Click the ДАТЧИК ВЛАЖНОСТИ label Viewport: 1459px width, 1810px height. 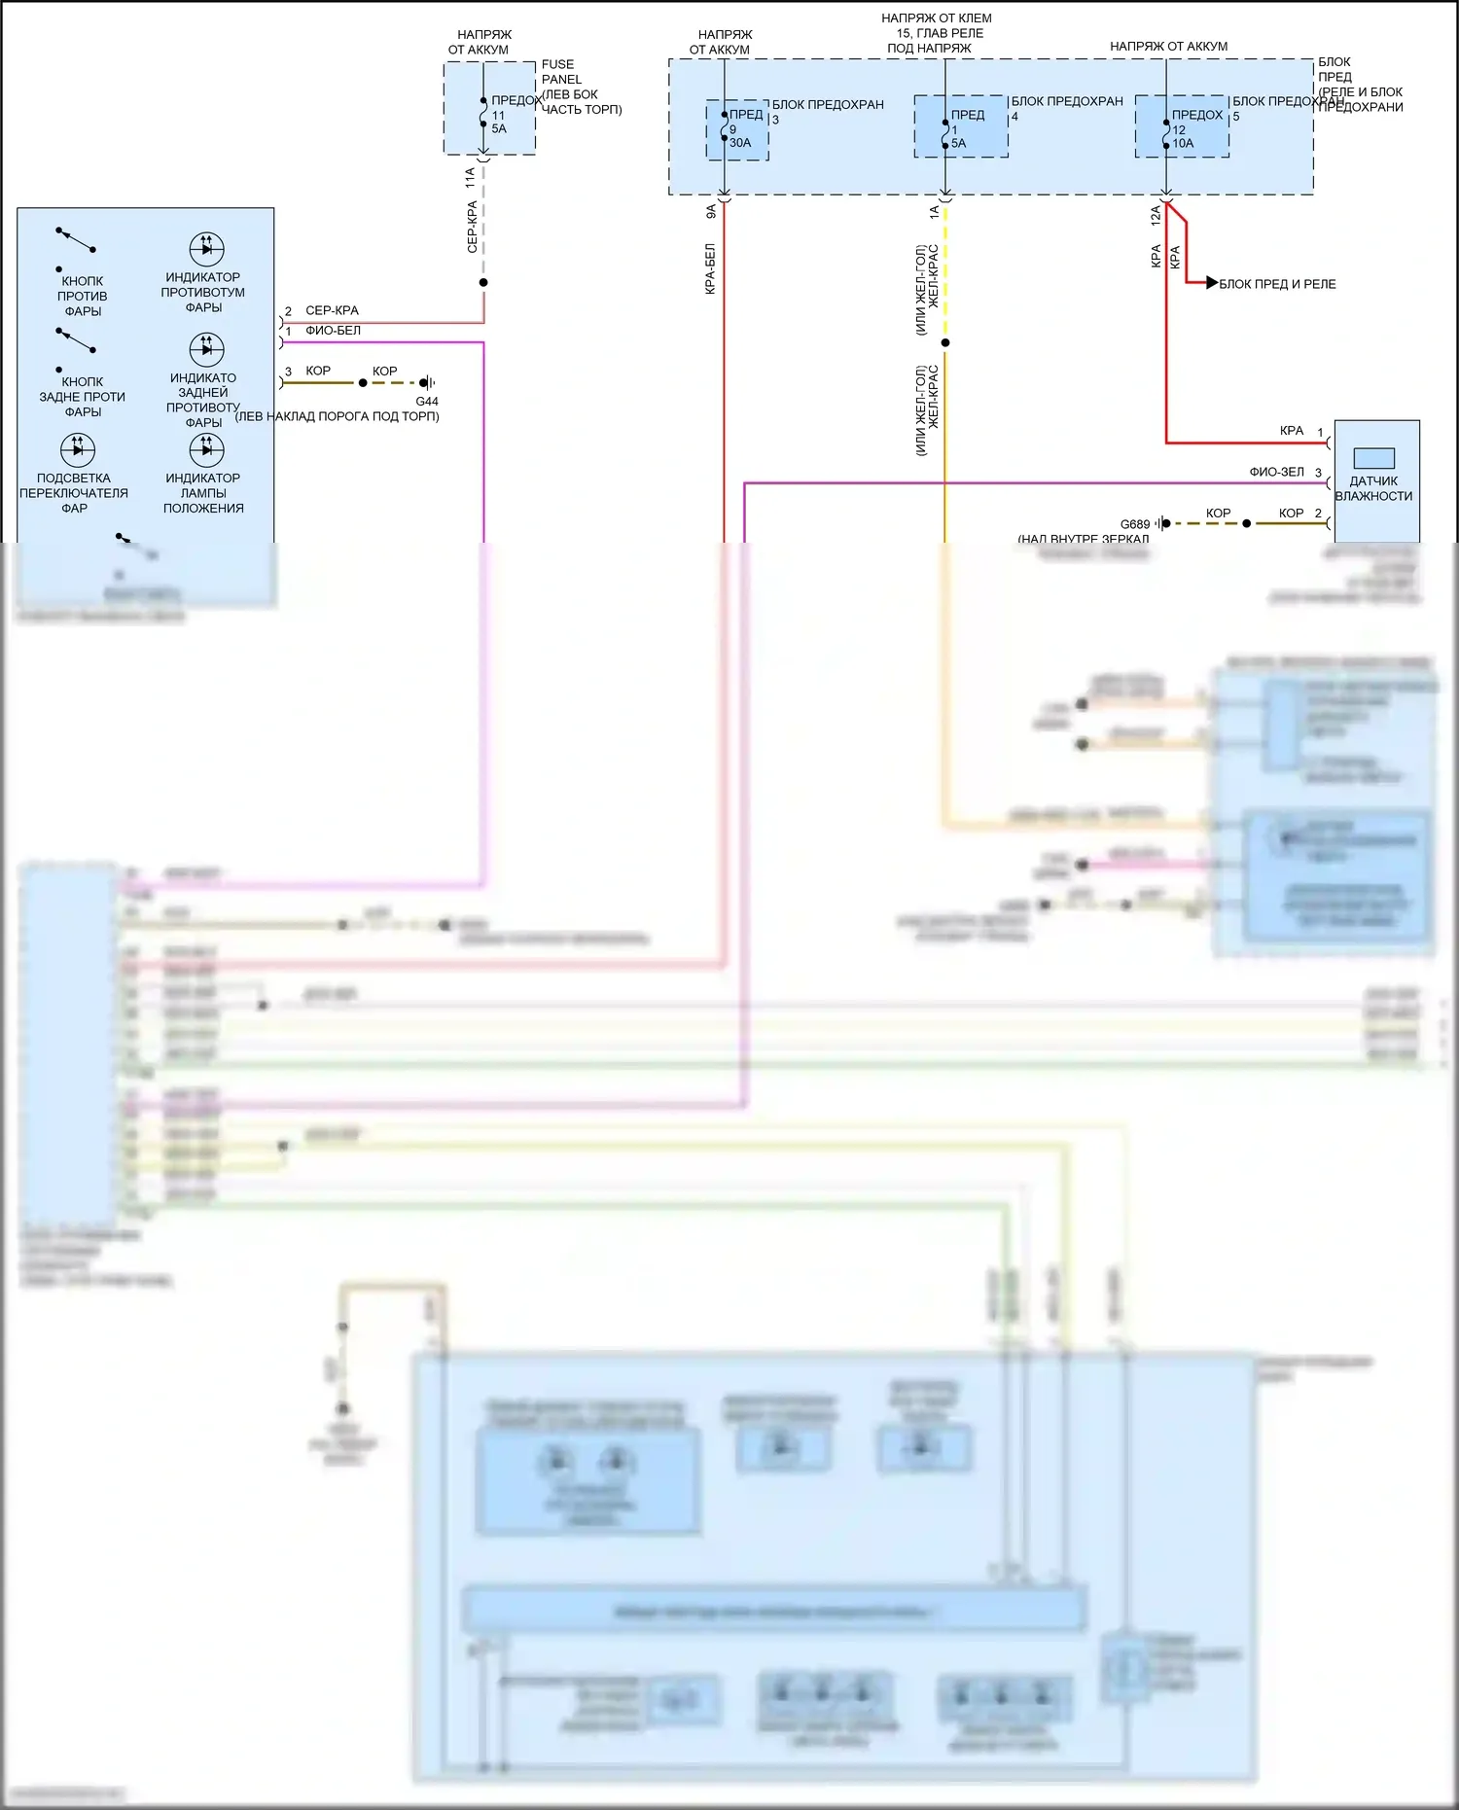point(1373,488)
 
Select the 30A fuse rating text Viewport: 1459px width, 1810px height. point(740,143)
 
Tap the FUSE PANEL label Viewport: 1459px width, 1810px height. point(561,72)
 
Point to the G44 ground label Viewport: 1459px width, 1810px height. point(427,401)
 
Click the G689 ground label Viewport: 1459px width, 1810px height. point(1134,524)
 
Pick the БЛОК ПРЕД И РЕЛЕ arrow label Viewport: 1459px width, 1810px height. point(1277,284)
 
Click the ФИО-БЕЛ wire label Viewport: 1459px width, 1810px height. point(333,331)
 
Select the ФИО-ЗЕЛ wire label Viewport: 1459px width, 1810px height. point(1276,472)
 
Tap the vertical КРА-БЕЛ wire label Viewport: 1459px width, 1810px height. point(710,268)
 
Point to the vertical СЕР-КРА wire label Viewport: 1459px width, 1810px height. point(473,227)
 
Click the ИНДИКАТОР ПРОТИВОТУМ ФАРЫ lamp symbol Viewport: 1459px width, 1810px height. point(206,249)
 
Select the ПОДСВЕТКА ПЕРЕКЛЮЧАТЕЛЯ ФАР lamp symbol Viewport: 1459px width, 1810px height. point(78,449)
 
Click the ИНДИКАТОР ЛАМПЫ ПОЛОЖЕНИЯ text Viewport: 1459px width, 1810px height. point(203,493)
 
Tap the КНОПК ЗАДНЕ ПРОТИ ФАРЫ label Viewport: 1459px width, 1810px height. point(83,397)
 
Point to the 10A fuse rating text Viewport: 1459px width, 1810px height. point(1183,143)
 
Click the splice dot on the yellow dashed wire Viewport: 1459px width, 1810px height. point(945,342)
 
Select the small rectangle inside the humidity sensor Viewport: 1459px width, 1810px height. point(1373,458)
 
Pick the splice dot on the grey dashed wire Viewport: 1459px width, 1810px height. point(483,283)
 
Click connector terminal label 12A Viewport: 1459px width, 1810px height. point(1156,215)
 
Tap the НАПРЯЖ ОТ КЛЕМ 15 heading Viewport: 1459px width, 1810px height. point(936,33)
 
